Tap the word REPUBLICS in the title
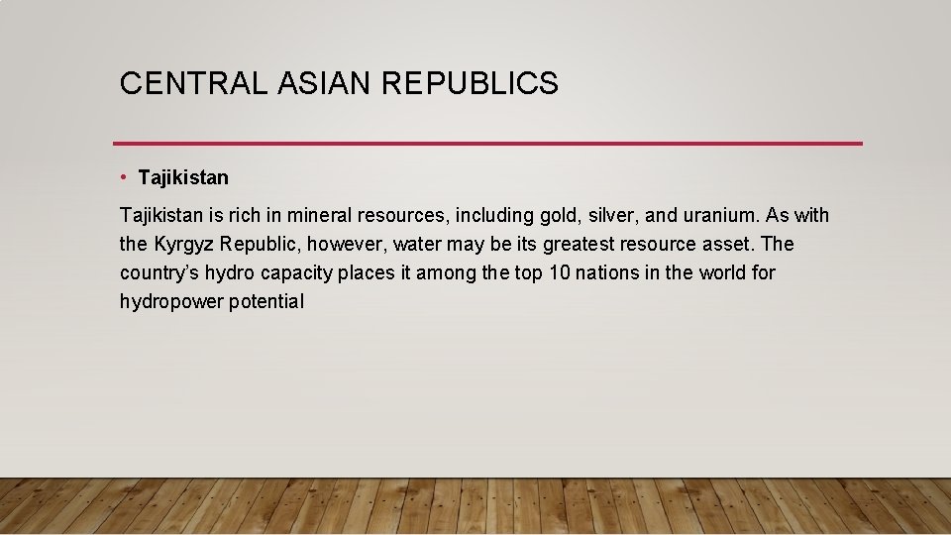click(471, 84)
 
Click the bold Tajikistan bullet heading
click(183, 178)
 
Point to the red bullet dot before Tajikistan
click(124, 177)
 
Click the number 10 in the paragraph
click(559, 272)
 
